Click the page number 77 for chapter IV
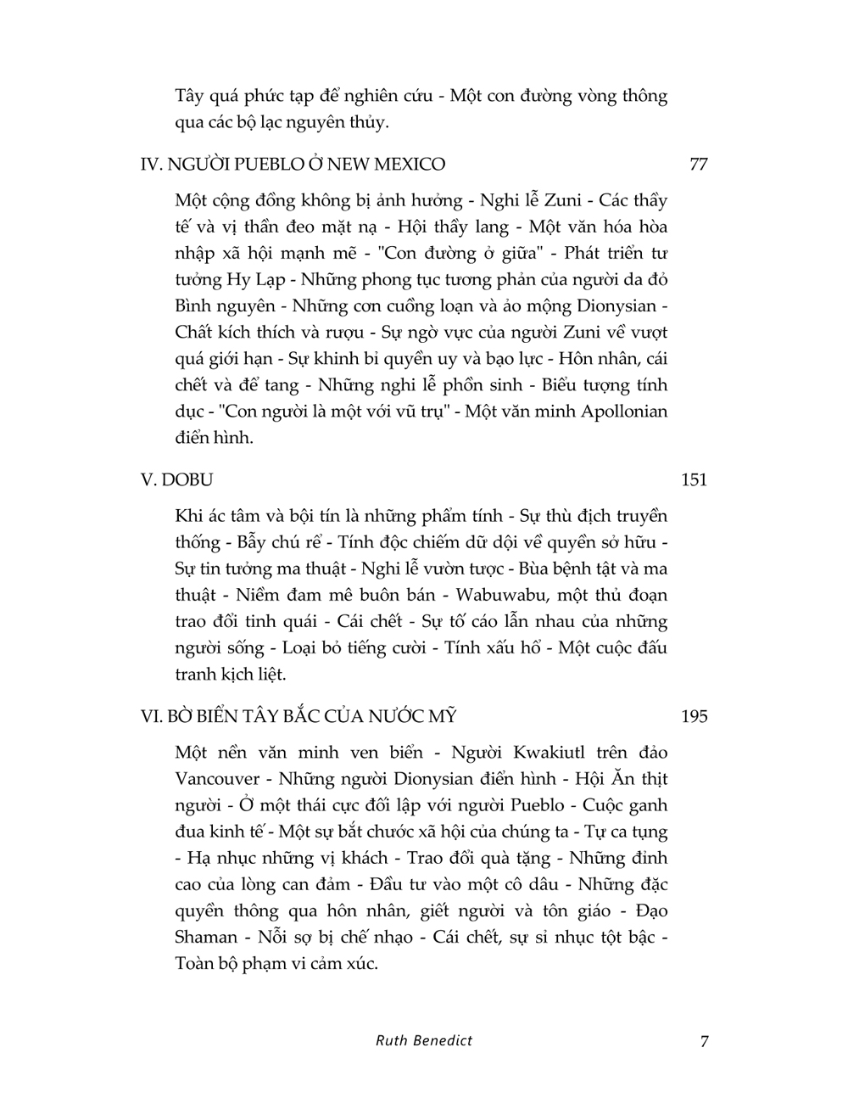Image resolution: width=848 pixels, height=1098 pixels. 698,164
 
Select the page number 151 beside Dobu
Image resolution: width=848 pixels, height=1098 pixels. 694,479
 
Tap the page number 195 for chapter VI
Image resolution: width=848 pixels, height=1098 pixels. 694,716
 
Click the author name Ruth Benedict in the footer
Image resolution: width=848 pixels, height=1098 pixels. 424,1039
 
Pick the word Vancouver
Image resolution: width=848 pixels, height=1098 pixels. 217,778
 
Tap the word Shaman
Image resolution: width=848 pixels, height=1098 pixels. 206,937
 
